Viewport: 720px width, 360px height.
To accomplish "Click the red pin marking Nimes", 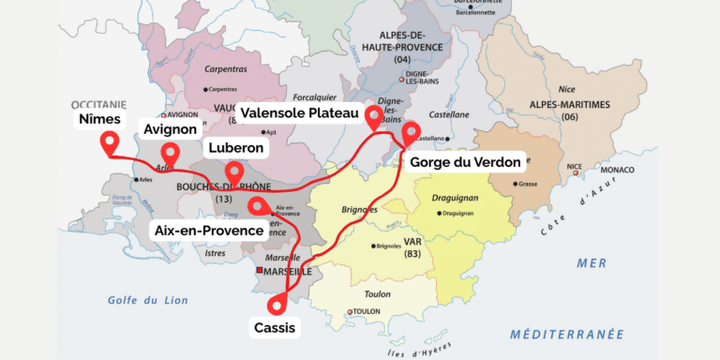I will click(110, 143).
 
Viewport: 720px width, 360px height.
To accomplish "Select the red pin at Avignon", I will click(170, 153).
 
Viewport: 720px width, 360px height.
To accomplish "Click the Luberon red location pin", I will click(233, 172).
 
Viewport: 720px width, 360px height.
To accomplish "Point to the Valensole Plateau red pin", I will click(374, 117).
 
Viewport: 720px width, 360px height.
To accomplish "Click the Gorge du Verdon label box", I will click(465, 162).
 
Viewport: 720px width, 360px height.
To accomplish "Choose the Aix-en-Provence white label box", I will click(208, 230).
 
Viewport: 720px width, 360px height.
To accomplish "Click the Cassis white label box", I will click(275, 328).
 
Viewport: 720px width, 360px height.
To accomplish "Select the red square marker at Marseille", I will click(260, 271).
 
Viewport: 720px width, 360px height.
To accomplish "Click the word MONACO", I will click(610, 170).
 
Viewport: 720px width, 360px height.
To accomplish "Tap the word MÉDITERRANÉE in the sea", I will click(566, 334).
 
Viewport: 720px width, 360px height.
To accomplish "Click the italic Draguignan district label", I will click(456, 198).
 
